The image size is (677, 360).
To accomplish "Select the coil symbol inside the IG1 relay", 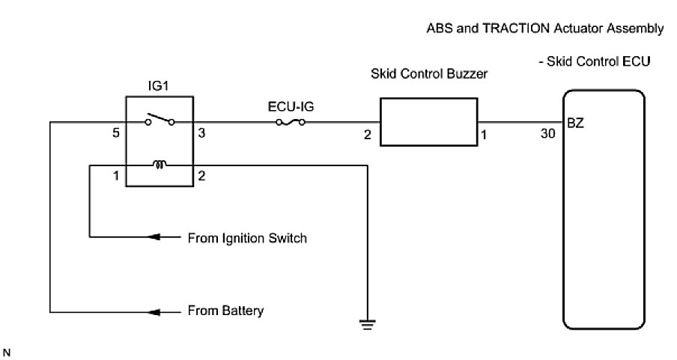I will [159, 164].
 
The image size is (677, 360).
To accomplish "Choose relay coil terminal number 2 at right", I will [201, 176].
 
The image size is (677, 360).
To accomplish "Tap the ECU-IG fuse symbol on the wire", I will [291, 122].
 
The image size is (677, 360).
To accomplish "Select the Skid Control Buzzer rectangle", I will [428, 121].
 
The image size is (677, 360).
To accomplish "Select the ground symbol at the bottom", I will [367, 324].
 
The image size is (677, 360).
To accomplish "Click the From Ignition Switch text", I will [246, 239].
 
